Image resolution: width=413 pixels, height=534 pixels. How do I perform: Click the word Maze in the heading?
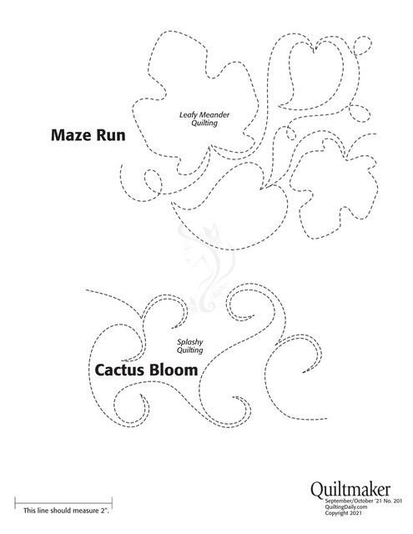point(71,135)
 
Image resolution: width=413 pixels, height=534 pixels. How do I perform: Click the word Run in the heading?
point(111,135)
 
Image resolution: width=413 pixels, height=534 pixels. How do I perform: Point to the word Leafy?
point(189,115)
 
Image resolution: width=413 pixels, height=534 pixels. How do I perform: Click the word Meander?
point(214,115)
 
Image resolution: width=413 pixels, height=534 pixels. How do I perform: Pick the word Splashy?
point(190,342)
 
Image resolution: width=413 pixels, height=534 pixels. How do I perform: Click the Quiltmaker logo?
point(350,490)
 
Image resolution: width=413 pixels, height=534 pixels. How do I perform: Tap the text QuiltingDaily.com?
point(346,506)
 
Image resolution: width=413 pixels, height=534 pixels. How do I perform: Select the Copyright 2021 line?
point(343,513)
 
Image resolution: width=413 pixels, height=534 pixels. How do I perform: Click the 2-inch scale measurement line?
point(63,502)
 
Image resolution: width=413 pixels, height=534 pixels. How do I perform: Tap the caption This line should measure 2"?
point(66,511)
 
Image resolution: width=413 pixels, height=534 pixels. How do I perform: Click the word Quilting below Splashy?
point(189,350)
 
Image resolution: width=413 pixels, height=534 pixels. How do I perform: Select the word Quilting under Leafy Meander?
point(204,123)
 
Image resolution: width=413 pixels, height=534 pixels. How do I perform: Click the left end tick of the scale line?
point(15,502)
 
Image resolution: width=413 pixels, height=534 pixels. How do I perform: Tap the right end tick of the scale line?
point(112,502)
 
